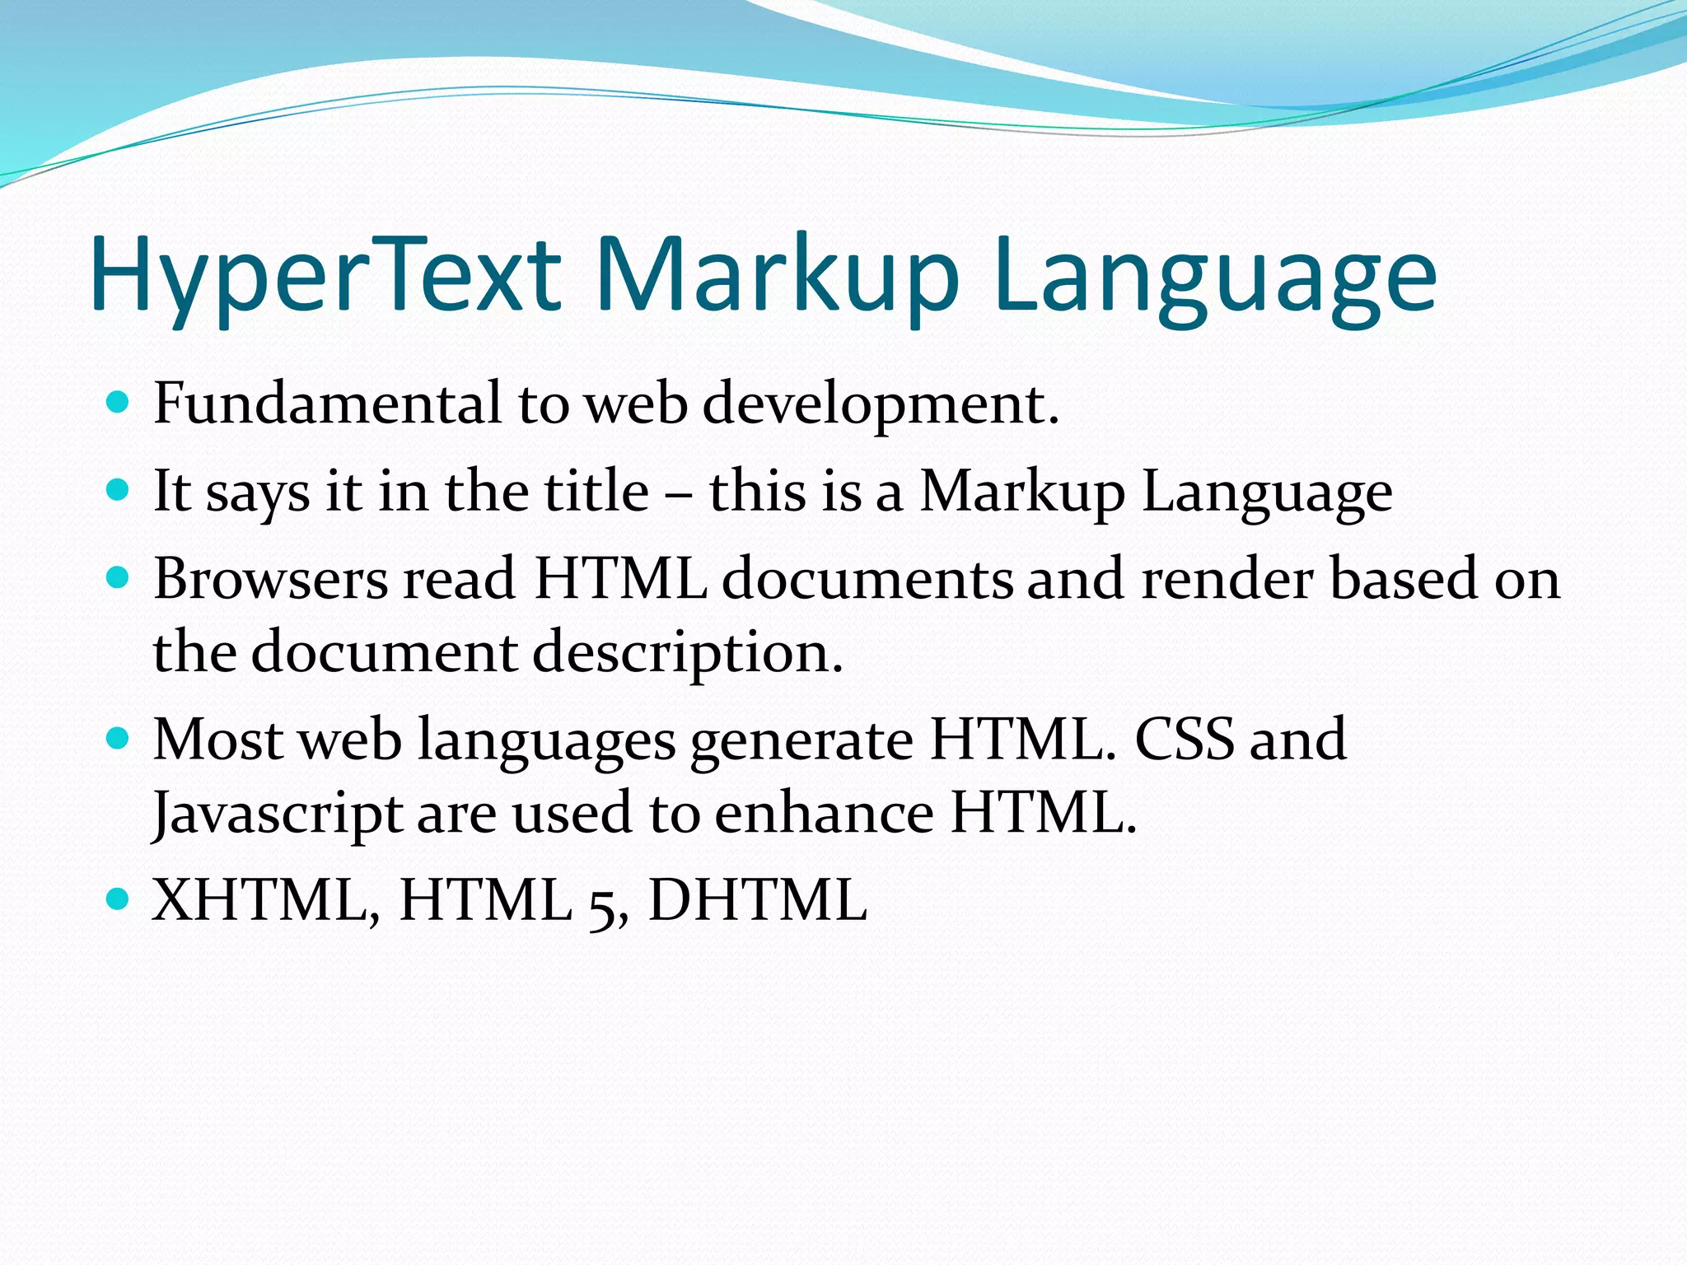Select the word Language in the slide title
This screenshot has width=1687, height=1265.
click(1215, 276)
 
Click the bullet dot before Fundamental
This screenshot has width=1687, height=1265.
click(119, 403)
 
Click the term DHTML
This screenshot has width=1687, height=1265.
click(758, 899)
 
